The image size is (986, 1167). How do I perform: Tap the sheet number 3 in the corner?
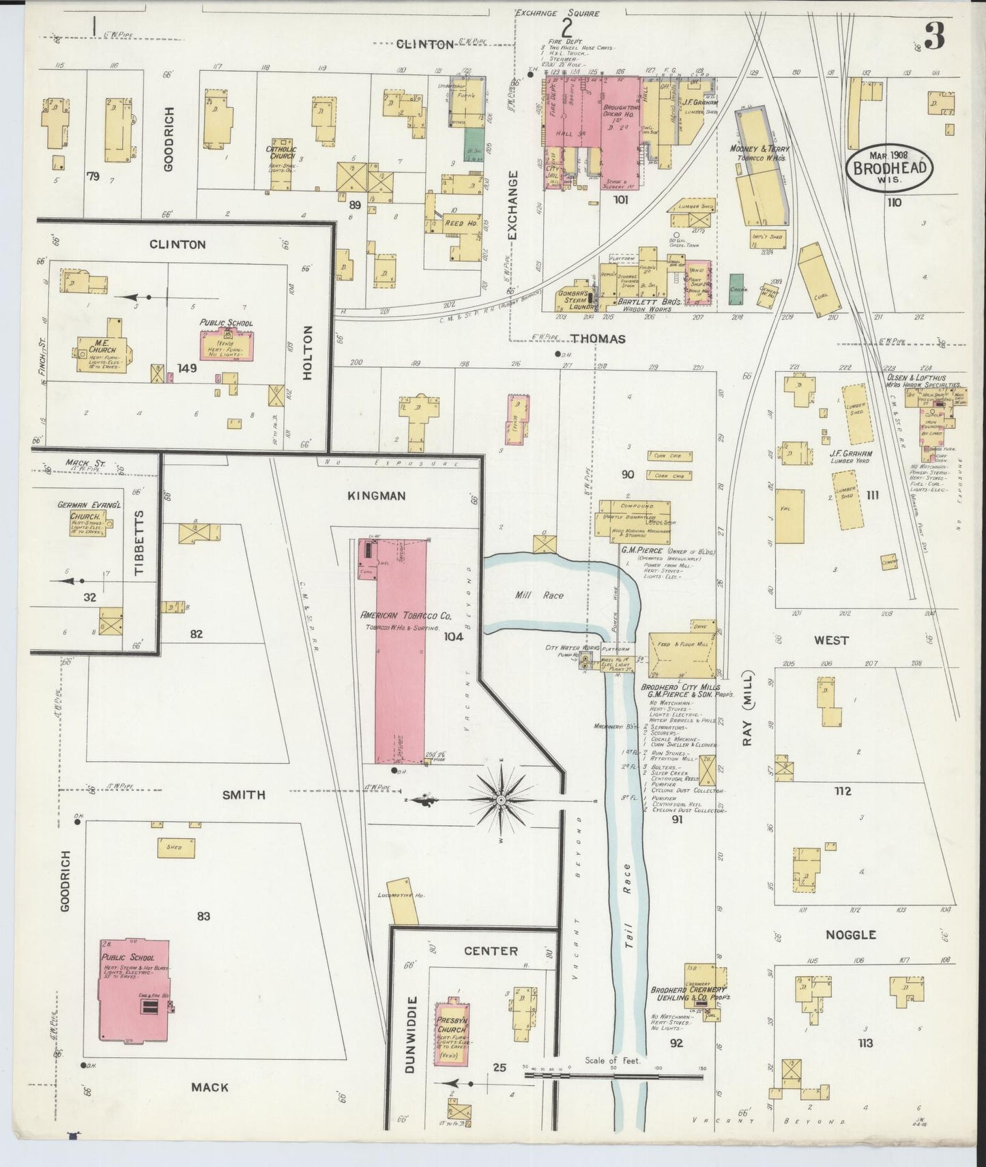pyautogui.click(x=934, y=36)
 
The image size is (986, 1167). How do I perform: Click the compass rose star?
pyautogui.click(x=502, y=799)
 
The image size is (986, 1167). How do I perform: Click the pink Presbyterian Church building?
pyautogui.click(x=452, y=1033)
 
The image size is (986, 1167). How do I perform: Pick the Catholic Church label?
pyautogui.click(x=281, y=152)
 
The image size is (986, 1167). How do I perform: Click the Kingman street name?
pyautogui.click(x=377, y=495)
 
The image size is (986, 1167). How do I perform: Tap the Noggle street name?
pyautogui.click(x=850, y=934)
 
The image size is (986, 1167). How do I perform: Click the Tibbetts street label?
pyautogui.click(x=141, y=543)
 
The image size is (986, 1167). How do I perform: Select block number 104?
pyautogui.click(x=453, y=637)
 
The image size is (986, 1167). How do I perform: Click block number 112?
pyautogui.click(x=842, y=791)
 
